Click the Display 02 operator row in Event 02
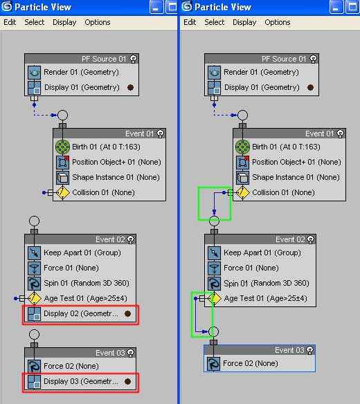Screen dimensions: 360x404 pyautogui.click(x=80, y=314)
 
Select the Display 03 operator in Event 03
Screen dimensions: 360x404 pyautogui.click(x=80, y=381)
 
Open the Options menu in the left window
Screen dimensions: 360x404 pyautogui.click(x=98, y=22)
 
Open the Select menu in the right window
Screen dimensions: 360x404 pyautogui.click(x=215, y=22)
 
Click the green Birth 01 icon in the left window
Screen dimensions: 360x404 pyautogui.click(x=63, y=147)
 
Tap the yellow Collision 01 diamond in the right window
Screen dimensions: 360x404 pyautogui.click(x=243, y=192)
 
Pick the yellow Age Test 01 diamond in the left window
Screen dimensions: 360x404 pyautogui.click(x=35, y=298)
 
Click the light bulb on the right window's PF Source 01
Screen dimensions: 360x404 pyautogui.click(x=313, y=59)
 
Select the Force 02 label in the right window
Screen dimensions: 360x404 pyautogui.click(x=251, y=363)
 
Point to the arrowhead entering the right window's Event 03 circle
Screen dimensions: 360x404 pyautogui.click(x=205, y=331)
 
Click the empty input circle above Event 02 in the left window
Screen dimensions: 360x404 pyautogui.click(x=35, y=221)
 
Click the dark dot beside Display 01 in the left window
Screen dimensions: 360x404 pyautogui.click(x=130, y=87)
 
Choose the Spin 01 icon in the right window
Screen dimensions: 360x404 pyautogui.click(x=215, y=283)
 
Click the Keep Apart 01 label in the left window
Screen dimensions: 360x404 pyautogui.click(x=82, y=252)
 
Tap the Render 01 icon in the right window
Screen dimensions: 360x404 pyautogui.click(x=215, y=72)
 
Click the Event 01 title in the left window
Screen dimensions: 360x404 pyautogui.click(x=139, y=134)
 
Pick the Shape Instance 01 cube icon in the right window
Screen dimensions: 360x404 pyautogui.click(x=243, y=178)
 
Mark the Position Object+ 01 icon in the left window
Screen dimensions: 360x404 pyautogui.click(x=63, y=163)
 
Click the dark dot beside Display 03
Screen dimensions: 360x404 pyautogui.click(x=127, y=381)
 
